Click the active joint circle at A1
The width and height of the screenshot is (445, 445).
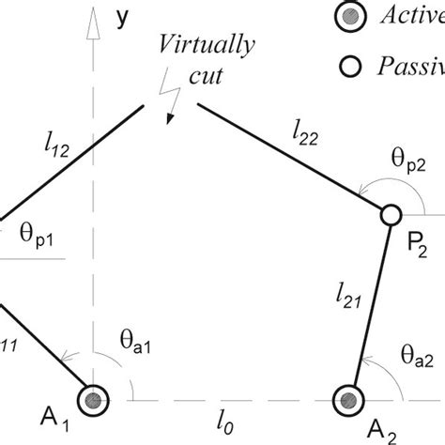tap(93, 400)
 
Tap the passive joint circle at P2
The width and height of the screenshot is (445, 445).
tap(390, 216)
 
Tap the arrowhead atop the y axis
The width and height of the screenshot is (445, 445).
tap(93, 25)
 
